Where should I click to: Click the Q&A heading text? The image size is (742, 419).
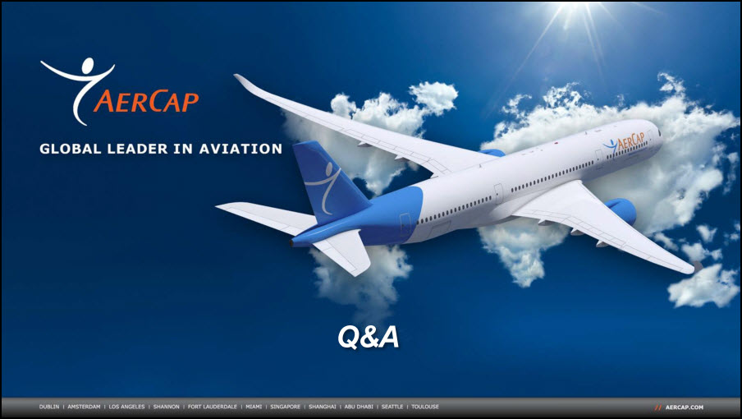pos(369,337)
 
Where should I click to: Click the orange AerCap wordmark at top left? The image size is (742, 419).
pos(146,101)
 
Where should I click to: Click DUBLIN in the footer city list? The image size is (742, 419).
pos(49,407)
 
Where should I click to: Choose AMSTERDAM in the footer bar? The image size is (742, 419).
pos(84,407)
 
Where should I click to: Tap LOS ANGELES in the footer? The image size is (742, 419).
pos(127,407)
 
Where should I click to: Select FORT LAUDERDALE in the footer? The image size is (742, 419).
pos(213,407)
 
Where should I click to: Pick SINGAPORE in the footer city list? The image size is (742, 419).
pos(286,407)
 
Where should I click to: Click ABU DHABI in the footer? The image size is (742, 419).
pos(359,407)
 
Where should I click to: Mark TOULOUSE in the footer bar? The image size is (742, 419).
pos(425,407)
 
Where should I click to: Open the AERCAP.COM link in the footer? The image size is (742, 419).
pos(685,407)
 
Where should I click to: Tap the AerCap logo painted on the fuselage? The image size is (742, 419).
pos(624,142)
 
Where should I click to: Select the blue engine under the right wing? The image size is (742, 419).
pos(621,210)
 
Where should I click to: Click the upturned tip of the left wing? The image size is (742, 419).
pos(240,81)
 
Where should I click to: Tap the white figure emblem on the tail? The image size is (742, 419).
pos(323,186)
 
